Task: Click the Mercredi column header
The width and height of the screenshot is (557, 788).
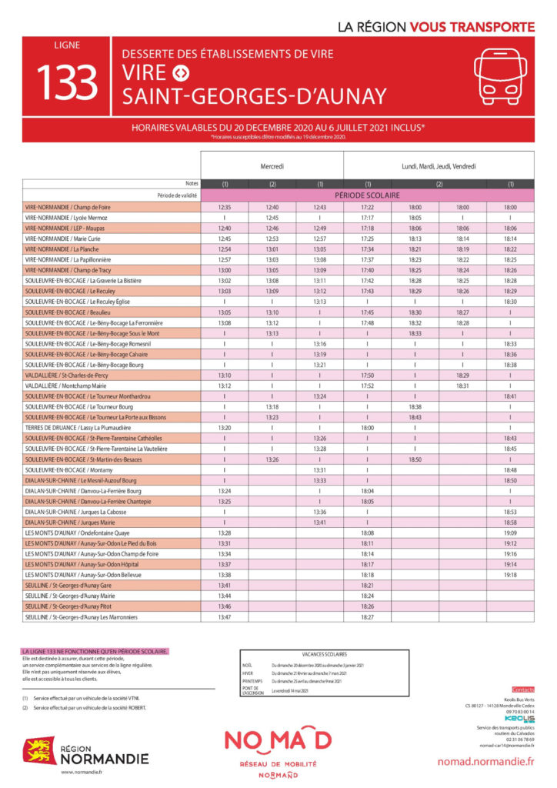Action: click(272, 165)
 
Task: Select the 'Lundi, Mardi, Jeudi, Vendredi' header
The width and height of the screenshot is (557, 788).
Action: click(439, 165)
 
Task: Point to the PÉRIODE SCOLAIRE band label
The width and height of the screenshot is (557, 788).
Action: click(368, 195)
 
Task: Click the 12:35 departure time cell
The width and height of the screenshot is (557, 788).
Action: click(225, 208)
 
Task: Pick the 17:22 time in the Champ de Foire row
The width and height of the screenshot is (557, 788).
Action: click(367, 208)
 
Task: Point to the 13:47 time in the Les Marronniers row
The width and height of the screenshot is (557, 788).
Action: click(225, 616)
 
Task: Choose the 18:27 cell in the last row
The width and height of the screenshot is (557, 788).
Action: click(367, 616)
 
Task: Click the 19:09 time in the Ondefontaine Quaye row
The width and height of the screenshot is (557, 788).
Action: click(510, 533)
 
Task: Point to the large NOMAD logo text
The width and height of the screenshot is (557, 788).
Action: click(278, 740)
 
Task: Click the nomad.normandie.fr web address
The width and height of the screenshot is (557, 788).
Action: click(485, 761)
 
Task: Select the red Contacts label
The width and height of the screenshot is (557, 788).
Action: click(522, 689)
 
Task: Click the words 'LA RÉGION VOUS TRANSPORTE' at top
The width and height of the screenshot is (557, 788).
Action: click(436, 27)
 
